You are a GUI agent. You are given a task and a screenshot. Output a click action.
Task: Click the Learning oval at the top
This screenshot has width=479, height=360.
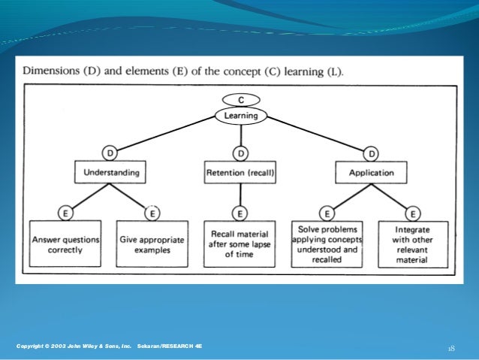[239, 116]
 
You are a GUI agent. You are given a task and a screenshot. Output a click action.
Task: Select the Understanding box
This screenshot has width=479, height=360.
[110, 172]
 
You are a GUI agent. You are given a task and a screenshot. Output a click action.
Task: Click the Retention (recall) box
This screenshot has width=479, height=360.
[240, 172]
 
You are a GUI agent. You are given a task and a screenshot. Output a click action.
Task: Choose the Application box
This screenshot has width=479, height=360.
[371, 172]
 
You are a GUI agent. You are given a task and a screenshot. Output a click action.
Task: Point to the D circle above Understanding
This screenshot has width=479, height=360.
[110, 154]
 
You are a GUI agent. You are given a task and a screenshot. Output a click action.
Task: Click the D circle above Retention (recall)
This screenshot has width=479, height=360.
[240, 154]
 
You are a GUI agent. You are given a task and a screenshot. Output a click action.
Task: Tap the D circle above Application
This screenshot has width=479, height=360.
[371, 154]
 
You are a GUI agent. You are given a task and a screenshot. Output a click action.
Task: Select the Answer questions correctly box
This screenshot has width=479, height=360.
[65, 244]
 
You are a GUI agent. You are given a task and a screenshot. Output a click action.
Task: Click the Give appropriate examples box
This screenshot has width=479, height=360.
[152, 244]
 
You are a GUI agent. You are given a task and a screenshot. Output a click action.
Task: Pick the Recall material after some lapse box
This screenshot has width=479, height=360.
[240, 244]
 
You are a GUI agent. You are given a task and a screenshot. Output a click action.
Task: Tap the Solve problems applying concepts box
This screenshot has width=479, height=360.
[327, 244]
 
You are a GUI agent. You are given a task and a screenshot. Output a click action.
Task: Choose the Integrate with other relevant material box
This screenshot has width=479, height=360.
[413, 244]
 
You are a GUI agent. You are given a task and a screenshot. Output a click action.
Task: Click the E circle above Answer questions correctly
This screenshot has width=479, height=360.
[65, 213]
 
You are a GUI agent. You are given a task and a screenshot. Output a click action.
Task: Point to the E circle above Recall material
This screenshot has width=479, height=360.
[240, 213]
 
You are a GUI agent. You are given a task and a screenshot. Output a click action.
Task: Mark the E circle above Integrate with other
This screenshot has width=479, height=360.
[414, 213]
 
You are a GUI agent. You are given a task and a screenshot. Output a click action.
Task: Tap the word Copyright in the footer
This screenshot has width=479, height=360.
[32, 345]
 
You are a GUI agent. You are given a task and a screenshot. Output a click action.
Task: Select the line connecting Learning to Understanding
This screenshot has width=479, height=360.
[169, 135]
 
